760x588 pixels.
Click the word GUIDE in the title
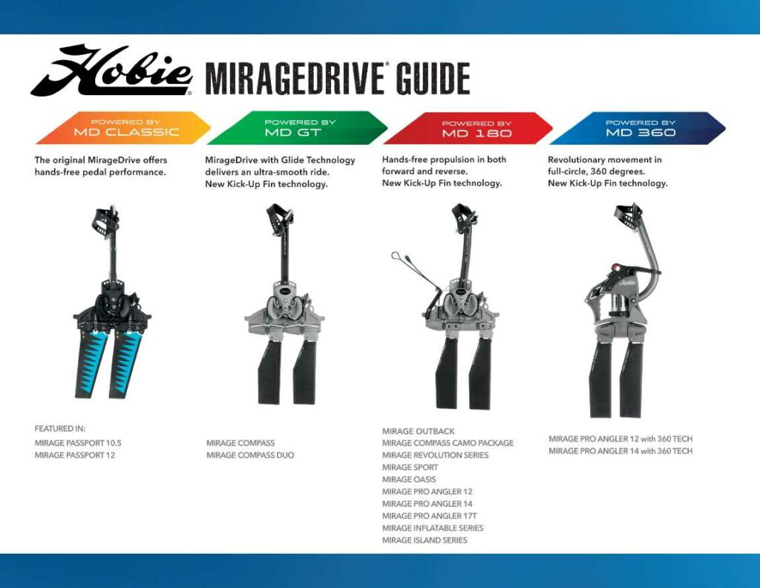433,78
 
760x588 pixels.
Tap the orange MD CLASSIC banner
123,128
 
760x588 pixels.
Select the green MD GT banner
297,128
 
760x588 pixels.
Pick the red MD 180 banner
468,128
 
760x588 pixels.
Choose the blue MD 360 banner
638,128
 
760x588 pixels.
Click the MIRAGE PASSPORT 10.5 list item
78,443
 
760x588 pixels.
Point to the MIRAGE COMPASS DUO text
250,455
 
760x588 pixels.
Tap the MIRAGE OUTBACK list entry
419,431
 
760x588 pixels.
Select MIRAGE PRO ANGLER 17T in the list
430,516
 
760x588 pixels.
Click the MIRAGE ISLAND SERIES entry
425,540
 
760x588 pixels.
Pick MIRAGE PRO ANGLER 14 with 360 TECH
620,451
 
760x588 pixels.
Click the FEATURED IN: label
59,428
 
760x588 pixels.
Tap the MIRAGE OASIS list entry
409,480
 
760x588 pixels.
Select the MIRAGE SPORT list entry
410,467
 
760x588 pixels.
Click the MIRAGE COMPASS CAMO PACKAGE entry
448,443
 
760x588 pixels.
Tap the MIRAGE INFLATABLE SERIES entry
433,528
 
